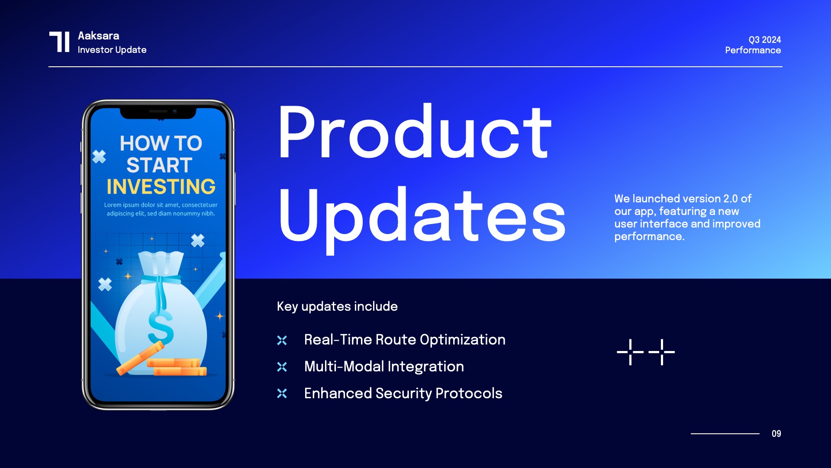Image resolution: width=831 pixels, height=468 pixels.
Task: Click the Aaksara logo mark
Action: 59,42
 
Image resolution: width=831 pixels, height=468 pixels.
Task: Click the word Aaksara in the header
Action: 98,36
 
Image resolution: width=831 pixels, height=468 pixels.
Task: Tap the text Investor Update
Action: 112,50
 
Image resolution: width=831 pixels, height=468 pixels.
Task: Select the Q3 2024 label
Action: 764,40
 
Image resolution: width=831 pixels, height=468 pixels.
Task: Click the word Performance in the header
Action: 753,50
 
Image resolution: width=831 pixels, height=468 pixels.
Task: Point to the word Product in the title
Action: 415,132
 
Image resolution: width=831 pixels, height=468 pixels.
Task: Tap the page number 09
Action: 776,434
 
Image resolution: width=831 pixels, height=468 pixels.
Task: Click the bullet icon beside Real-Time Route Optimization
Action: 282,341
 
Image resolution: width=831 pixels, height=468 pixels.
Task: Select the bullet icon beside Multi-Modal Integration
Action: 282,367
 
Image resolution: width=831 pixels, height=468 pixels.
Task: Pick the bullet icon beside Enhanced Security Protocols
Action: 282,393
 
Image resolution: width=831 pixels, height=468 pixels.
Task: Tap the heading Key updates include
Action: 337,306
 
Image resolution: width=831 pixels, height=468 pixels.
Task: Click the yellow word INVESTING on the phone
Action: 161,187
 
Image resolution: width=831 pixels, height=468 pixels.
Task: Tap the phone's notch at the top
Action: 158,112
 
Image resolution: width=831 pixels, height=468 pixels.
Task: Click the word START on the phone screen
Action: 159,165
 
